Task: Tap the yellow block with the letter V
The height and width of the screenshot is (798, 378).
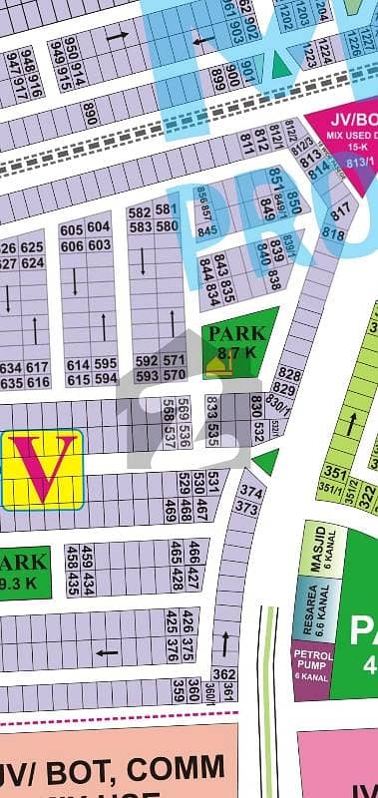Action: (42, 467)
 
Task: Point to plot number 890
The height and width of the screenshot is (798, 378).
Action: (91, 113)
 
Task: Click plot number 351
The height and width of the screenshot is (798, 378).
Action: (336, 474)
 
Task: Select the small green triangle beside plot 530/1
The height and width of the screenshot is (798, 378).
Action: (265, 461)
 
